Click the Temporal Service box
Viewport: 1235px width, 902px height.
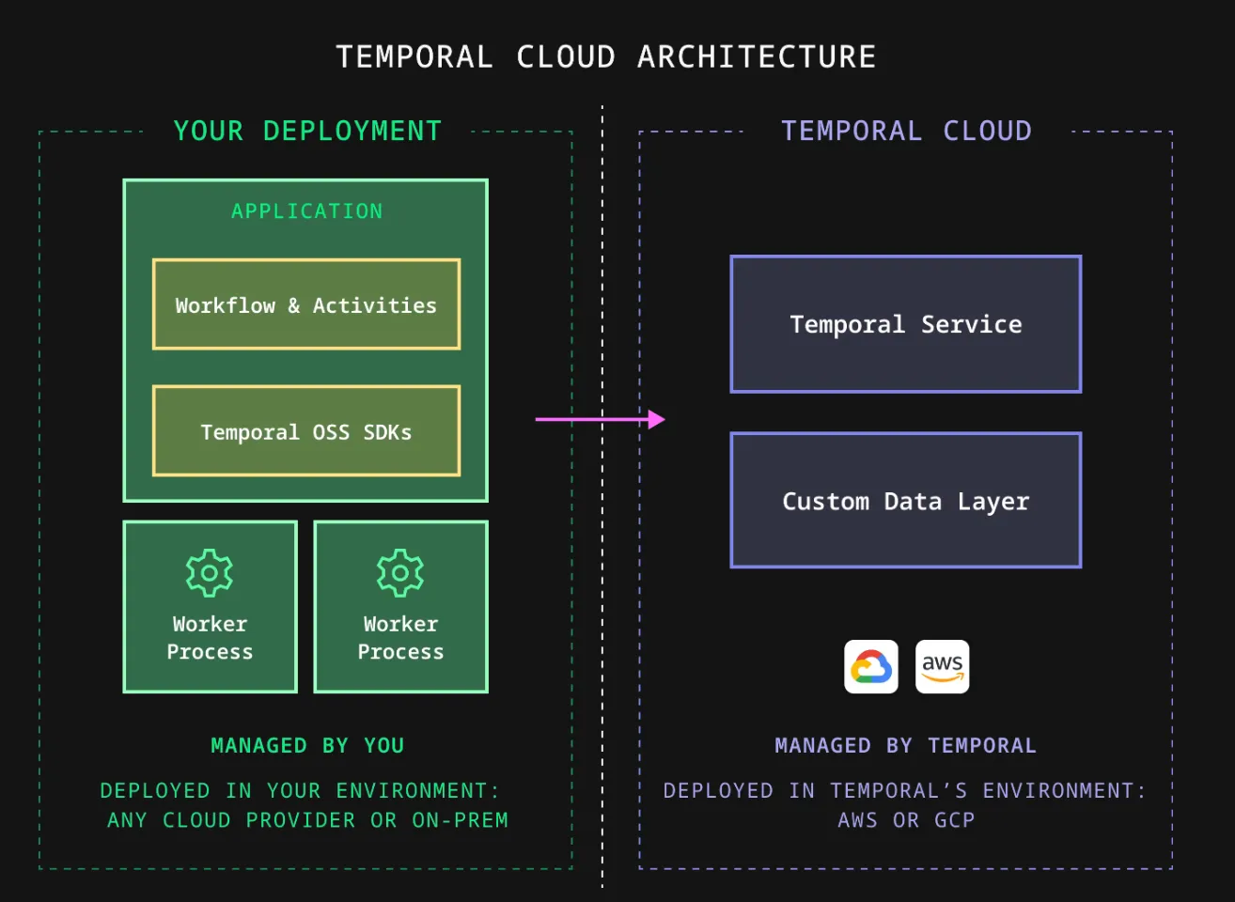pos(906,324)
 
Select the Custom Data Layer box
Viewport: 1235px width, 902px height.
pos(906,501)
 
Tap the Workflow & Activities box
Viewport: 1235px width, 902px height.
pos(306,304)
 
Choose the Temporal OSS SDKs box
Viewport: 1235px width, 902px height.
pos(306,431)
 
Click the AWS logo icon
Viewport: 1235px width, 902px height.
pos(942,667)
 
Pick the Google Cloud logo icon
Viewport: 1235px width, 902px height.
pos(871,667)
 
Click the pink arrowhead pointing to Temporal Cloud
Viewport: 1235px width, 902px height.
pos(656,419)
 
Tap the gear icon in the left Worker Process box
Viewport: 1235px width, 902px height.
pos(210,572)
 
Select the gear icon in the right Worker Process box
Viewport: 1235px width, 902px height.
pos(400,572)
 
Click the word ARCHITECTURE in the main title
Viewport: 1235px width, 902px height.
pos(757,57)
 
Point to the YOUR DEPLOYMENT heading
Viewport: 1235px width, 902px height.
pos(307,131)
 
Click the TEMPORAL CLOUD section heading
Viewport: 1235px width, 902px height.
pos(906,131)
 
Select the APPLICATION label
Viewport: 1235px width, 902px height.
pos(307,211)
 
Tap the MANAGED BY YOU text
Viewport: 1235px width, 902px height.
pos(307,745)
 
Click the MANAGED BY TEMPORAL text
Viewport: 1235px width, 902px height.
pos(906,745)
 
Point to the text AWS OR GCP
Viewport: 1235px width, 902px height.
pos(906,820)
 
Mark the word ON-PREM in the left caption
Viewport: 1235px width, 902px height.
pos(460,820)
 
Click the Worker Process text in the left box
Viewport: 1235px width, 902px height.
pos(210,638)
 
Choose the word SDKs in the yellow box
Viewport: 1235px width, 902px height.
pos(387,432)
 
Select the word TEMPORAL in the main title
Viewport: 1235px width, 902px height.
pos(414,57)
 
